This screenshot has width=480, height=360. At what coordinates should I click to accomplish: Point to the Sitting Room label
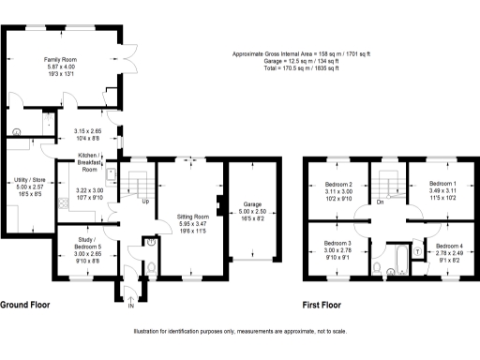(x=191, y=217)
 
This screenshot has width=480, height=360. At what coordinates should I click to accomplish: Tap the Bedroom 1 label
(x=442, y=184)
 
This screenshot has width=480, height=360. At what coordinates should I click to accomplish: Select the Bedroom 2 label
(x=338, y=185)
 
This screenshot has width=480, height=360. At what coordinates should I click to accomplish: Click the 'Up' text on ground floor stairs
(x=144, y=202)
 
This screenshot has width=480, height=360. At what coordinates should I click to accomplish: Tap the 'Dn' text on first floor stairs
(x=380, y=202)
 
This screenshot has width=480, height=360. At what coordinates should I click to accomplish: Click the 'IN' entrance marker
(x=131, y=306)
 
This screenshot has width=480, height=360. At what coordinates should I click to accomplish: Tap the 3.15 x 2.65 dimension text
(x=89, y=132)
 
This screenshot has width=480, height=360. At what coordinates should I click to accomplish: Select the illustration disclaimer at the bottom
(x=241, y=331)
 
